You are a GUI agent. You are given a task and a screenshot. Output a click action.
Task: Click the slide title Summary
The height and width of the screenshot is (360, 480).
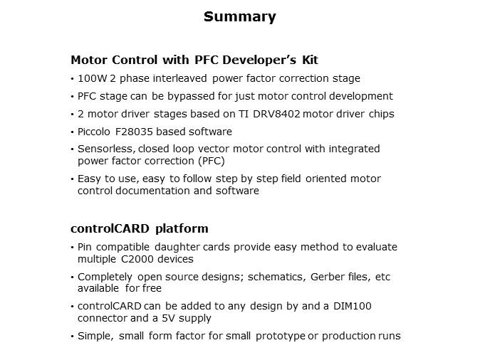(x=239, y=16)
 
